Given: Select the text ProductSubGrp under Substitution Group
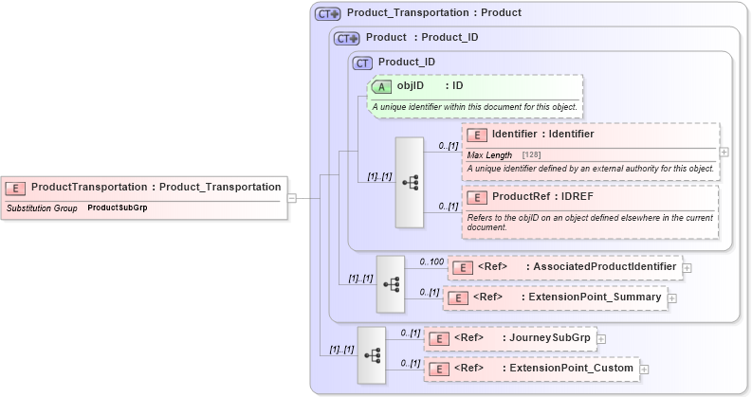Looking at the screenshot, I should click(x=117, y=207).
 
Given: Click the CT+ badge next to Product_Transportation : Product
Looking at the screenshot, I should click(x=328, y=14).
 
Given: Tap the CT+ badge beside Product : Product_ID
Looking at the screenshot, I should click(x=347, y=39).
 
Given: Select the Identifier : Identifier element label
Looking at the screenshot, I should click(x=542, y=135).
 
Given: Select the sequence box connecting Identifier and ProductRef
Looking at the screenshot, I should click(x=410, y=182).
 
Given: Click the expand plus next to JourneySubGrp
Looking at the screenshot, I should click(x=601, y=338).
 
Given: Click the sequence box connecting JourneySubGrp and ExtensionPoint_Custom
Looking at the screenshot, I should click(x=372, y=354).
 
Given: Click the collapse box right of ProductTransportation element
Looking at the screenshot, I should click(x=292, y=198).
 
